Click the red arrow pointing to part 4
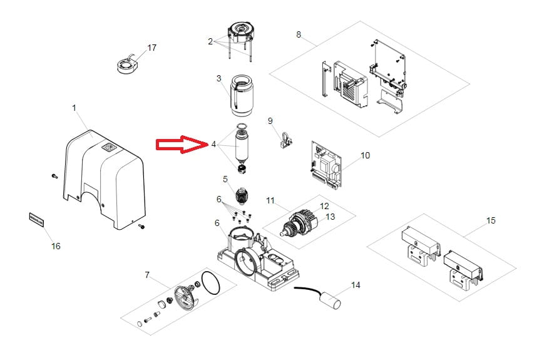pyautogui.click(x=181, y=145)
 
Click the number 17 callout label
pyautogui.click(x=152, y=48)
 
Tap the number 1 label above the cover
pyautogui.click(x=74, y=108)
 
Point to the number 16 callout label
pyautogui.click(x=56, y=246)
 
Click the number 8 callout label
pyautogui.click(x=299, y=34)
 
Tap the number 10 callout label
pyautogui.click(x=365, y=155)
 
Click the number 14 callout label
pyautogui.click(x=356, y=285)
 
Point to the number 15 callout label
pyautogui.click(x=491, y=220)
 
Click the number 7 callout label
pyautogui.click(x=147, y=274)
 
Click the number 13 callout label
pyautogui.click(x=331, y=216)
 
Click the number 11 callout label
pyautogui.click(x=270, y=200)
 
